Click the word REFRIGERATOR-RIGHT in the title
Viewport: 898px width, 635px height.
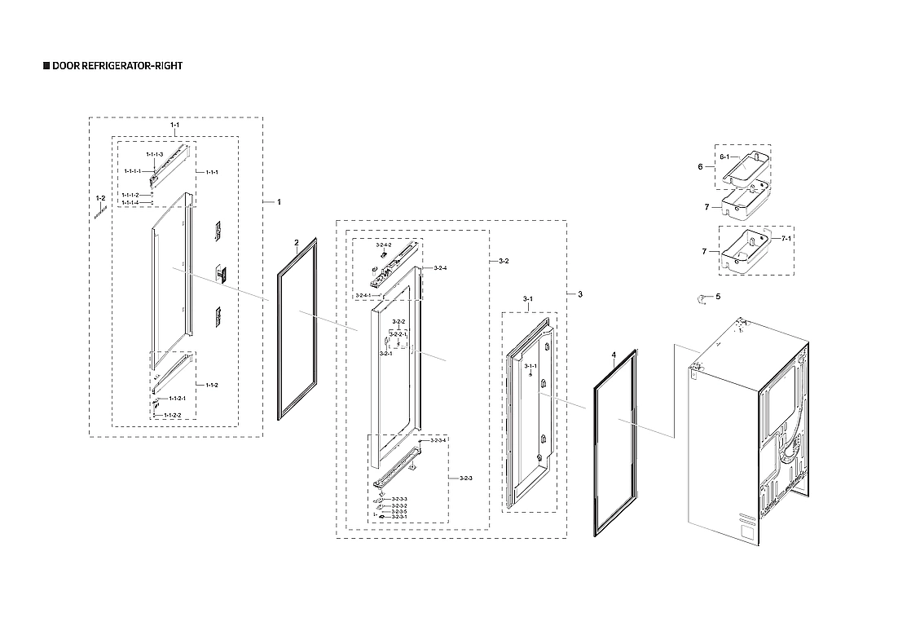[x=131, y=65]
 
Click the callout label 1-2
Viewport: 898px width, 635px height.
[x=100, y=198]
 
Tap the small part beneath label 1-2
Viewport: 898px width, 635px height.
[x=100, y=213]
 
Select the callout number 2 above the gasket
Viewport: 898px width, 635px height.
[x=297, y=242]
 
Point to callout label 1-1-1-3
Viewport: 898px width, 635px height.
[x=154, y=154]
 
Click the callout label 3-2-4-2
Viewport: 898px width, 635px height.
[x=384, y=245]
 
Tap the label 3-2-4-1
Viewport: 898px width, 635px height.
[x=363, y=295]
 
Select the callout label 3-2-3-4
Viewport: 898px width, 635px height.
[x=438, y=440]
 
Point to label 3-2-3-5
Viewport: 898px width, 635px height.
[x=399, y=511]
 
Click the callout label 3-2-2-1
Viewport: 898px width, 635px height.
[x=398, y=334]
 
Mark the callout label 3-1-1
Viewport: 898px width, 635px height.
[x=530, y=367]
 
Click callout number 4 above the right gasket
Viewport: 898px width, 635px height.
[x=613, y=355]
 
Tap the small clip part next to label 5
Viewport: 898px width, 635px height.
[x=701, y=298]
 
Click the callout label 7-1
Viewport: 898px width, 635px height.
[x=788, y=238]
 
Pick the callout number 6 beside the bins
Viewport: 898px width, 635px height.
[x=699, y=166]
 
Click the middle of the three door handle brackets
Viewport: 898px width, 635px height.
[x=220, y=273]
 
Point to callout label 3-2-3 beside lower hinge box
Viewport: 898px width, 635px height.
[x=466, y=478]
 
